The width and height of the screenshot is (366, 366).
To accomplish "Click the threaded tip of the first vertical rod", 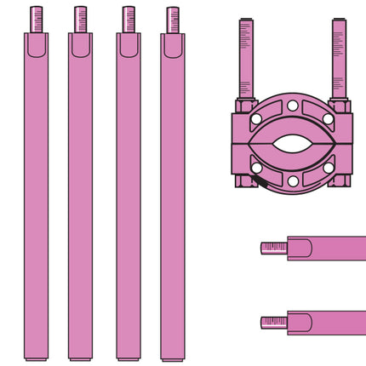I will coord(37,19).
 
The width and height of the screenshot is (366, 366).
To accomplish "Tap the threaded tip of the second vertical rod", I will coord(81,19).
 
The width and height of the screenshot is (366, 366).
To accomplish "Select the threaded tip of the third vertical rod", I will coord(129,19).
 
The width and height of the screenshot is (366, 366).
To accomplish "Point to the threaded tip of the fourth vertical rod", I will coord(173,19).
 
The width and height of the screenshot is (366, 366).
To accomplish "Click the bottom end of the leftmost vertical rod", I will coord(37,357).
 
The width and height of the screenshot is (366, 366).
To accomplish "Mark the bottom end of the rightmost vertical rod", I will coord(173,357).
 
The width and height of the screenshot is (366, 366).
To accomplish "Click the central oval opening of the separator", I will coord(292,144).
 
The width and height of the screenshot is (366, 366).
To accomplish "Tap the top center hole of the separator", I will coord(292,106).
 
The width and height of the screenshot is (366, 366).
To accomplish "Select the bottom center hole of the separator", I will coord(292,181).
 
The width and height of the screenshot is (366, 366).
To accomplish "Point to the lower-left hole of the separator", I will coord(256,168).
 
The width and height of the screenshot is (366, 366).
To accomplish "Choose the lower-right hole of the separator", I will coord(329,168).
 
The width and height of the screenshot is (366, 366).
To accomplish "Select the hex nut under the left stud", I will coord(246,106).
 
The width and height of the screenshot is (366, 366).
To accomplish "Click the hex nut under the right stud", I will coord(339,106).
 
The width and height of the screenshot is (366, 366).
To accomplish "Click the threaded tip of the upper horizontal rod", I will coord(273,248).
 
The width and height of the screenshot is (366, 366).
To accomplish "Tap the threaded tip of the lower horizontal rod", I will coord(273,322).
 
